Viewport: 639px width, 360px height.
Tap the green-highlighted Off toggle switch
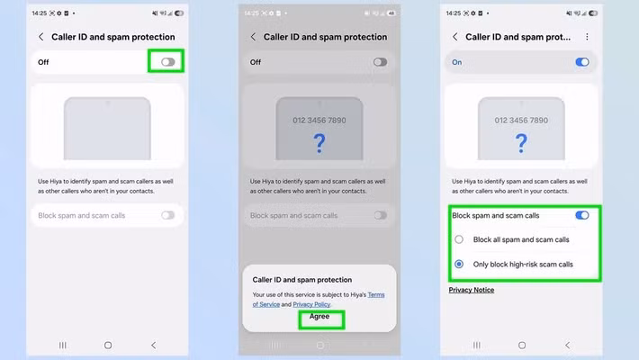click(x=167, y=62)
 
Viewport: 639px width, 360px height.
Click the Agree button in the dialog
click(x=319, y=317)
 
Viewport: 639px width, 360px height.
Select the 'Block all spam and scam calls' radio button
click(x=459, y=239)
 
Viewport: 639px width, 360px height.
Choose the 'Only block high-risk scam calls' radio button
click(x=459, y=265)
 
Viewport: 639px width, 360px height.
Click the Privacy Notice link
click(x=472, y=290)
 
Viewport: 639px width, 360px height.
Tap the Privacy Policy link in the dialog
click(x=311, y=304)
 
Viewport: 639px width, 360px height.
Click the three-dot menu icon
click(x=587, y=37)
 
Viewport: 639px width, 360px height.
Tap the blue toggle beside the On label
click(x=582, y=62)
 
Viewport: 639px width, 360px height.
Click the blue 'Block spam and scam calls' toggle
click(x=582, y=215)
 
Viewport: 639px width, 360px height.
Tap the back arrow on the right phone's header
click(x=454, y=37)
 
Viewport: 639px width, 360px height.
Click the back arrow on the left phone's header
click(x=40, y=37)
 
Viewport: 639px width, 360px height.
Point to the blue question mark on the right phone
click(x=521, y=143)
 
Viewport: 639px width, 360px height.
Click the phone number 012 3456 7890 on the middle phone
click(x=319, y=121)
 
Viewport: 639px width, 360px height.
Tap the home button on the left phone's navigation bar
click(x=108, y=346)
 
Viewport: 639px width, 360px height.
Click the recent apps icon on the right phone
click(x=476, y=346)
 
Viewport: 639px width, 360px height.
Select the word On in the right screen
click(x=457, y=62)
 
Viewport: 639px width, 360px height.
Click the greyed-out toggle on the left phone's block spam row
click(x=167, y=215)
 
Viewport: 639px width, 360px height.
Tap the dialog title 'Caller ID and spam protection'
click(x=302, y=280)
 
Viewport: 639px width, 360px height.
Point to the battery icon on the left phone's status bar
click(x=179, y=13)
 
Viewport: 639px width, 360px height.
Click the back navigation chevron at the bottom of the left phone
click(x=154, y=346)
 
